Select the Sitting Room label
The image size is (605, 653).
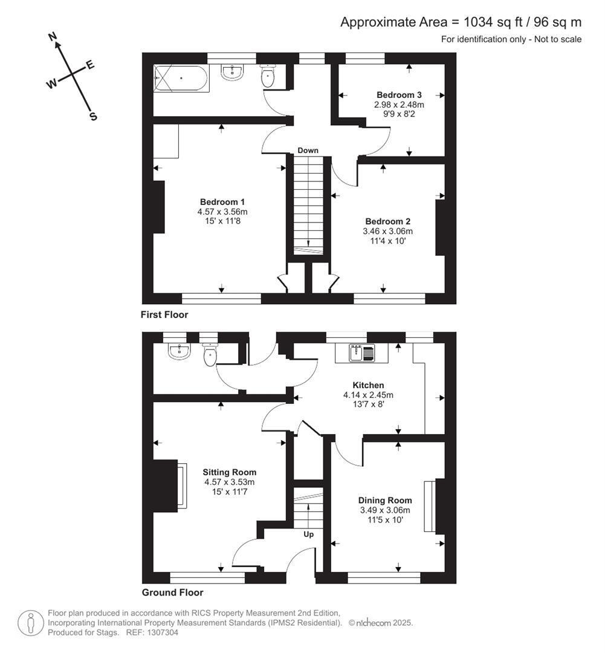[x=230, y=472]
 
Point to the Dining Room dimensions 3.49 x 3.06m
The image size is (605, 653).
[x=385, y=510]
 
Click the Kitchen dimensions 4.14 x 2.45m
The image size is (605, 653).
[x=368, y=395]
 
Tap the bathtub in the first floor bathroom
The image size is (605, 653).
[x=181, y=78]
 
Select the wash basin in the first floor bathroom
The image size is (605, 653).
[x=232, y=73]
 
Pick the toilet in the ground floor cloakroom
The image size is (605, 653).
[x=210, y=354]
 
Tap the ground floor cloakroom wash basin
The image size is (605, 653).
[x=180, y=351]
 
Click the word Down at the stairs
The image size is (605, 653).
[x=308, y=151]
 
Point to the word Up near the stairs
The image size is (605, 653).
[x=308, y=534]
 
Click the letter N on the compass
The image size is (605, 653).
[x=53, y=37]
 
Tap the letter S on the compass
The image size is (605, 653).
[x=93, y=117]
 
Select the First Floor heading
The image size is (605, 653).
[x=164, y=315]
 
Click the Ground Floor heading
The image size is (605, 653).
[x=173, y=593]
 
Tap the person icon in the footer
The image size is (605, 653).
[x=31, y=623]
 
